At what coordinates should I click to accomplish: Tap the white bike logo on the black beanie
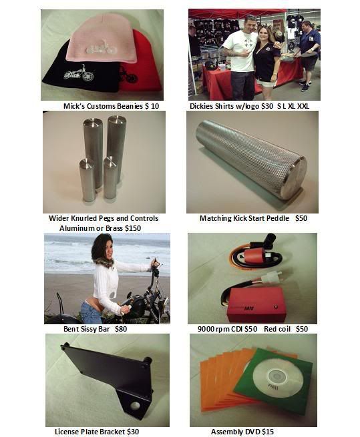(78, 73)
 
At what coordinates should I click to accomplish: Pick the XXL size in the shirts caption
(303, 106)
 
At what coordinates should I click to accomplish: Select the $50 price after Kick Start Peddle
(301, 218)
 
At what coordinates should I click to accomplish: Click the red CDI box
(254, 305)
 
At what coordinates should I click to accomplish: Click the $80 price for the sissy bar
(121, 329)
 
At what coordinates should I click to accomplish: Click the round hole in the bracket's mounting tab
(135, 406)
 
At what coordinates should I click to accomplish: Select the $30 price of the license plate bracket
(133, 432)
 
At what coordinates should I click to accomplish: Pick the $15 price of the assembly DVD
(268, 432)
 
